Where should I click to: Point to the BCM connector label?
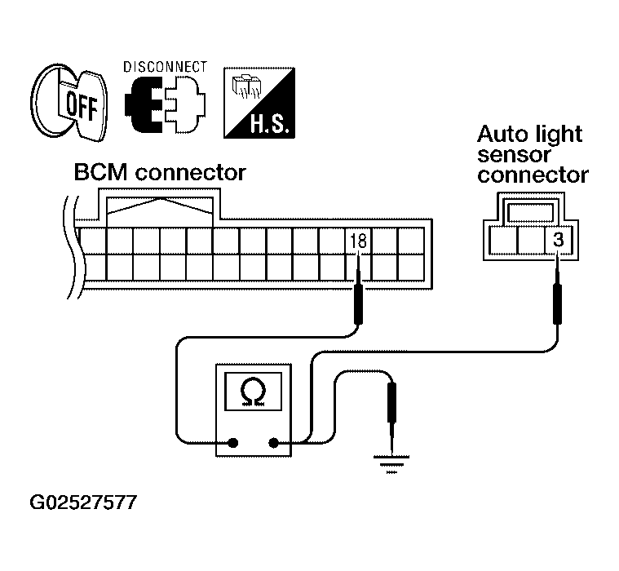point(160,173)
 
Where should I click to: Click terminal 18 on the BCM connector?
point(358,241)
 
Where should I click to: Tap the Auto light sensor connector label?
point(533,153)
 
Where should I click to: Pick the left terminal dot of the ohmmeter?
point(233,445)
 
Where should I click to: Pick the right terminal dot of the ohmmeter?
point(273,445)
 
